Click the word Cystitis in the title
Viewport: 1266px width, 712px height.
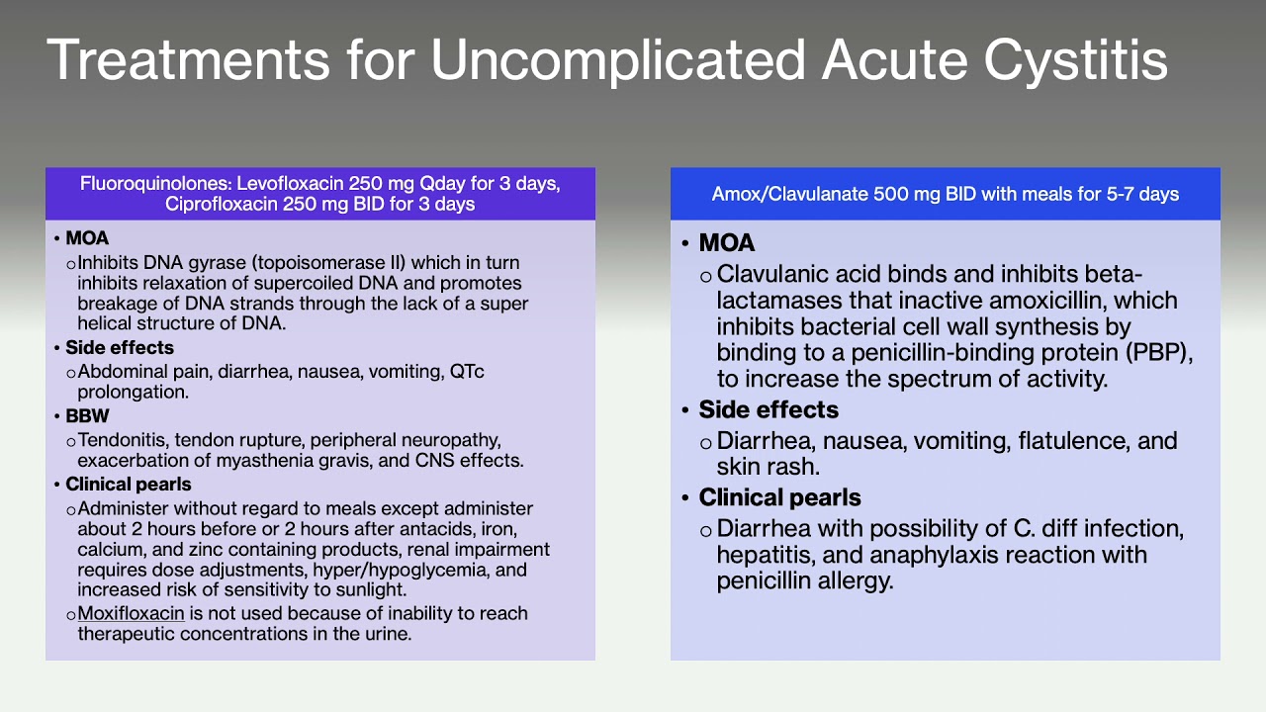tap(1075, 61)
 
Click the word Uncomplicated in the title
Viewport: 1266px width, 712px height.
tap(618, 61)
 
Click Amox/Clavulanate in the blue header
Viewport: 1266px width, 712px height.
tap(789, 195)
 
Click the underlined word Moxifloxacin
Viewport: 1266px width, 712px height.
tap(131, 613)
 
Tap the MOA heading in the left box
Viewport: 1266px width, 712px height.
tap(87, 239)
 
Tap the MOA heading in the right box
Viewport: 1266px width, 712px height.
tap(726, 243)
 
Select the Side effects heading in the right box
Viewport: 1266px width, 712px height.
tap(768, 410)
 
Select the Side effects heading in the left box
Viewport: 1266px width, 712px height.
tap(120, 348)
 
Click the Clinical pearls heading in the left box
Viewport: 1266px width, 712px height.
tap(129, 485)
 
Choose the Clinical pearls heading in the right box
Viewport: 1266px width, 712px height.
tap(779, 497)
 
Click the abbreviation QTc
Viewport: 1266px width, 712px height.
tap(467, 372)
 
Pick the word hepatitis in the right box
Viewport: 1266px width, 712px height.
tap(761, 555)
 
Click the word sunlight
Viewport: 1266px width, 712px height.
tap(370, 590)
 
